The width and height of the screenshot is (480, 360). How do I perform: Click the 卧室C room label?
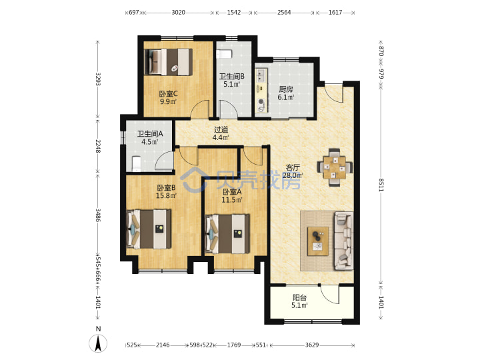point(168,97)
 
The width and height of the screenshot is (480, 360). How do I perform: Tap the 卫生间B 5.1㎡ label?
point(231,80)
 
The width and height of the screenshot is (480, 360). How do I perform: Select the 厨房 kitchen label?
point(285,93)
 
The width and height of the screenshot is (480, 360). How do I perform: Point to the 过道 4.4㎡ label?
point(221,133)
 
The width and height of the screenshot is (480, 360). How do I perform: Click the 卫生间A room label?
point(150,138)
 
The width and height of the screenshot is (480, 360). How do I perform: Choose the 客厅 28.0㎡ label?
point(293,171)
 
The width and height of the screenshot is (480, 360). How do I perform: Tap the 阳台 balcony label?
point(299,301)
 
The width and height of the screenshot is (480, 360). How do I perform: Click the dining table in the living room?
point(335,167)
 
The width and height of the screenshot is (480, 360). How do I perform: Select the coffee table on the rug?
point(318,241)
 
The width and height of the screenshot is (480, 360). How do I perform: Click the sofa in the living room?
point(343,241)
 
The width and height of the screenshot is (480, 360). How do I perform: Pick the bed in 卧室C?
point(169,61)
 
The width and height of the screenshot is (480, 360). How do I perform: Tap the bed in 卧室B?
point(149,229)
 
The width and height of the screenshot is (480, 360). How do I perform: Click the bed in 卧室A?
point(227,233)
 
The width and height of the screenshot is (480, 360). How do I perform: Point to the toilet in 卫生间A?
point(136,164)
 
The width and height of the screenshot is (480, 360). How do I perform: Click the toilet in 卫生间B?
point(224,54)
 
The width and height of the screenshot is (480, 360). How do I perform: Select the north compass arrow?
point(98,343)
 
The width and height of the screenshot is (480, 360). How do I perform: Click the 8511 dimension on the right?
point(381,185)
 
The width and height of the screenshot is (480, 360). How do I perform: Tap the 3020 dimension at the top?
point(178,13)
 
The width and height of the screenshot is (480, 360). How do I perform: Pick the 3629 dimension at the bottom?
point(312,345)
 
